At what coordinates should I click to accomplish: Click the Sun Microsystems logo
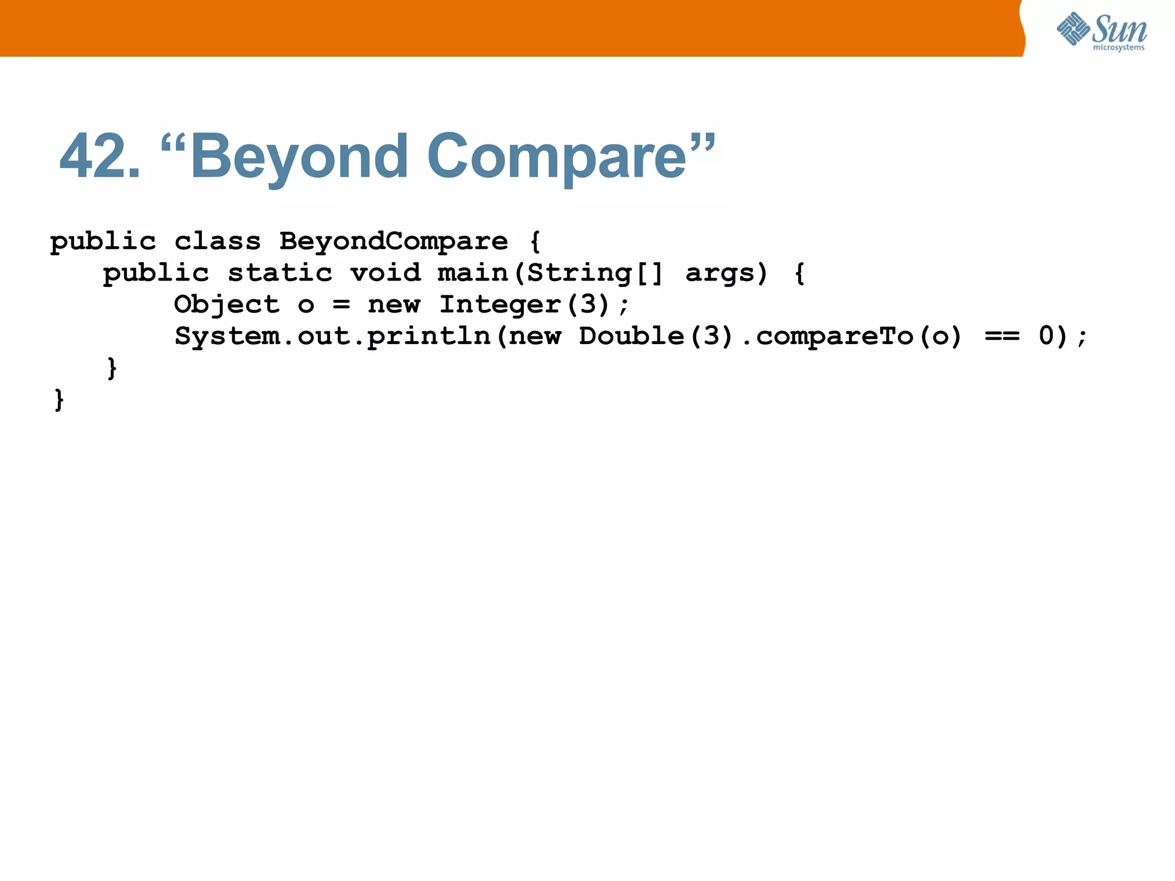[x=1102, y=31]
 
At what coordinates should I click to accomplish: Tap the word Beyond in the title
[x=299, y=156]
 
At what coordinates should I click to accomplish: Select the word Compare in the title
[x=557, y=156]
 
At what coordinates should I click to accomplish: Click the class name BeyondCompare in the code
[x=394, y=241]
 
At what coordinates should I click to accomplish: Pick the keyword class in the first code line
[x=217, y=241]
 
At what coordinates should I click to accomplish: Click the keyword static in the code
[x=280, y=273]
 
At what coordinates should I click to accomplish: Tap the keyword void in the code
[x=386, y=273]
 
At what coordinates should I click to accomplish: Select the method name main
[x=473, y=273]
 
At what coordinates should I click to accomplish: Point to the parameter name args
[x=721, y=273]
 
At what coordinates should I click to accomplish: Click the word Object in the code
[x=227, y=305]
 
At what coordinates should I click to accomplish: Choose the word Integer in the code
[x=500, y=305]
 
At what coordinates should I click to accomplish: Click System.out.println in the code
[x=333, y=336]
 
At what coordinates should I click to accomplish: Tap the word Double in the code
[x=631, y=336]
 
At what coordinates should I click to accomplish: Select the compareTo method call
[x=835, y=336]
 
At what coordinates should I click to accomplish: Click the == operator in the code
[x=1002, y=336]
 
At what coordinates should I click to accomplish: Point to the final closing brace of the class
[x=59, y=399]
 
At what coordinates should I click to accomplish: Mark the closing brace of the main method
[x=112, y=368]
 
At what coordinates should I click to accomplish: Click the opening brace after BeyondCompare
[x=535, y=241]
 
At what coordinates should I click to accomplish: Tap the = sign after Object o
[x=341, y=305]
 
